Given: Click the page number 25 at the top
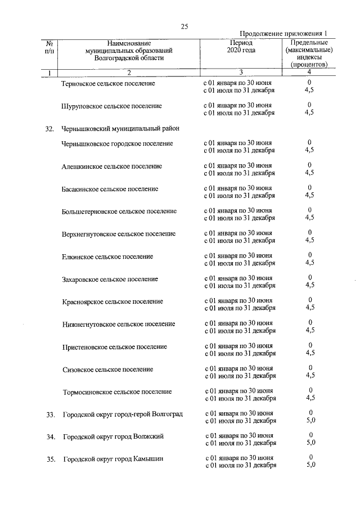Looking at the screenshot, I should coord(184,26).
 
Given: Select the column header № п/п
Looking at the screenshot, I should coord(49,47).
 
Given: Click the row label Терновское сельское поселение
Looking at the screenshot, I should coord(108,83).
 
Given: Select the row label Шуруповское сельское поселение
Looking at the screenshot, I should coord(111,106).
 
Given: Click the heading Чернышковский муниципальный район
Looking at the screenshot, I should coord(120,128).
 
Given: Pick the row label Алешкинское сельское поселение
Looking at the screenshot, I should coord(112,166).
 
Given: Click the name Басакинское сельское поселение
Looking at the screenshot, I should coord(110,189).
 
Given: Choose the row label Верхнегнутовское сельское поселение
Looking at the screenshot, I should coord(119,234).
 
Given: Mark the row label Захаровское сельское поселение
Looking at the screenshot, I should coord(110,279).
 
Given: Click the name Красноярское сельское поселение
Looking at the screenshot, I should coord(112,301).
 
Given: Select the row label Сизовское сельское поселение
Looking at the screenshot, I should coord(107,369).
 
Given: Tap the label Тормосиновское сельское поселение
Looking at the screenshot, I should coord(117,391).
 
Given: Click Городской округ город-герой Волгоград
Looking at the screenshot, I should coord(123,415).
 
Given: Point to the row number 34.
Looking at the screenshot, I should coord(50,437).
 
